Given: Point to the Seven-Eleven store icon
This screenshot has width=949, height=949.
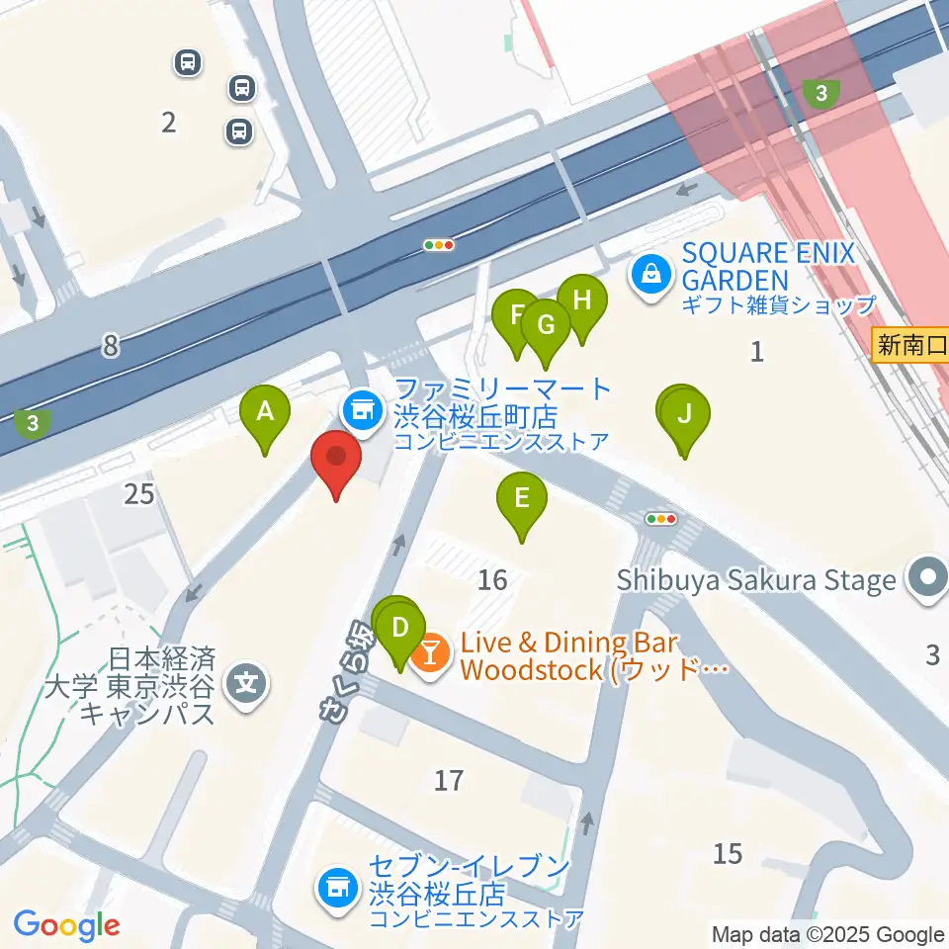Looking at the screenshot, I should point(337,885).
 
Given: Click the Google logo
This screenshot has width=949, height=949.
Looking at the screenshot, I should point(66,925).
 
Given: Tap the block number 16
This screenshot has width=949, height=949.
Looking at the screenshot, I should point(492,580).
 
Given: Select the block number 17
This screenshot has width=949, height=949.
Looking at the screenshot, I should point(449,781).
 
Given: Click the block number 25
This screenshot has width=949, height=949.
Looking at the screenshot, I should point(139,493).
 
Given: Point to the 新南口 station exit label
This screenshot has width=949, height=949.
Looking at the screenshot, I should point(910,346).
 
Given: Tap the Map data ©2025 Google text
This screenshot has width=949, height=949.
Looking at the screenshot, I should point(828,935).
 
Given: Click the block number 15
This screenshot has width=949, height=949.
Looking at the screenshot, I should point(728,853).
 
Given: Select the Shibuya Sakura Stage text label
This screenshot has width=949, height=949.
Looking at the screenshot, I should point(756,580).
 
